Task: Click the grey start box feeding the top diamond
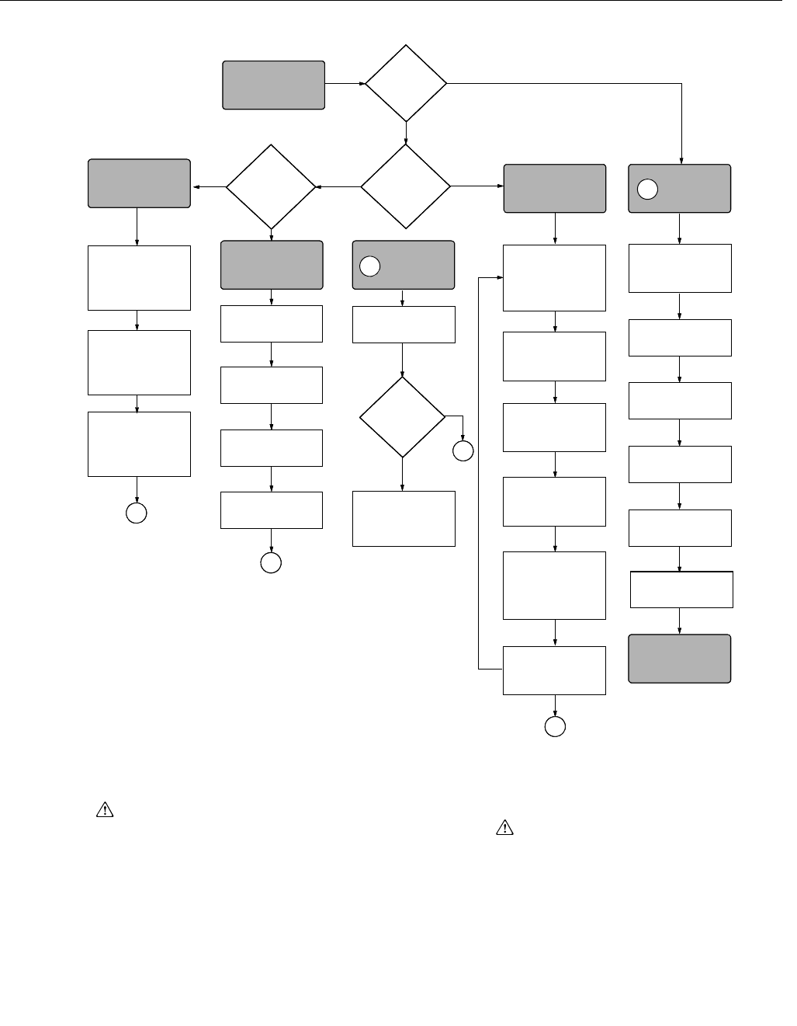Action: [x=273, y=85]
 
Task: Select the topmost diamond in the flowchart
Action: [x=406, y=83]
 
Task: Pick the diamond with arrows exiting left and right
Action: [x=406, y=186]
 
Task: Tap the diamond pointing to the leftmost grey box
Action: [x=271, y=186]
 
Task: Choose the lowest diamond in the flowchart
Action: [x=403, y=417]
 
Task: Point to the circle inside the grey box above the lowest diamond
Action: [x=371, y=266]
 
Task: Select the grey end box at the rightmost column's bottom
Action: [x=680, y=659]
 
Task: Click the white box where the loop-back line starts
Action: [x=554, y=670]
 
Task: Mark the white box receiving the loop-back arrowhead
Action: [x=554, y=278]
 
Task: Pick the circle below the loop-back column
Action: [x=555, y=726]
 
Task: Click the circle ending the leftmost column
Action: [x=137, y=513]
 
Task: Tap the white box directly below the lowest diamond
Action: [x=404, y=518]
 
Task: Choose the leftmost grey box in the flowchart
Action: [x=139, y=183]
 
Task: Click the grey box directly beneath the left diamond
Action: [x=272, y=265]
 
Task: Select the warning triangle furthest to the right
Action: [x=504, y=828]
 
